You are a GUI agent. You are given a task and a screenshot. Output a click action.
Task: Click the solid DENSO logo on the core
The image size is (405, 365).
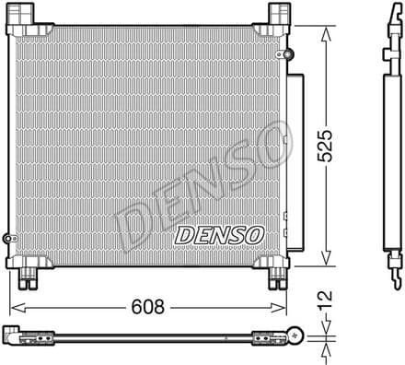point(219,235)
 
